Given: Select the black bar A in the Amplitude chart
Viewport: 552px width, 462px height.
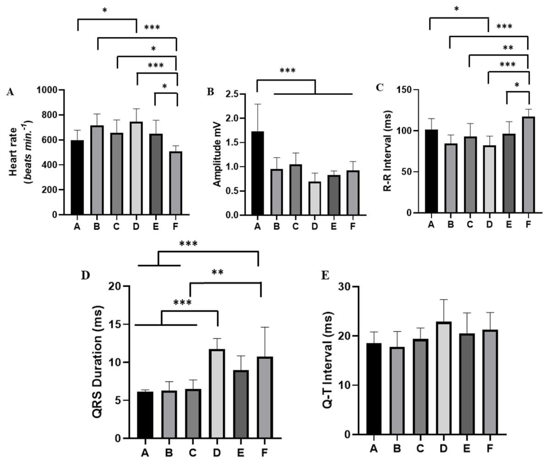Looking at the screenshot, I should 258,173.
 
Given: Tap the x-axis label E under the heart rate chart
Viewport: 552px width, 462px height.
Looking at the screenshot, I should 156,226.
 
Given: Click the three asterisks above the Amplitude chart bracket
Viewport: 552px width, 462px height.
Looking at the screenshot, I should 288,71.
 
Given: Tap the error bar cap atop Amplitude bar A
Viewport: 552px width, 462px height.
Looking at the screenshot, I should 258,104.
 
